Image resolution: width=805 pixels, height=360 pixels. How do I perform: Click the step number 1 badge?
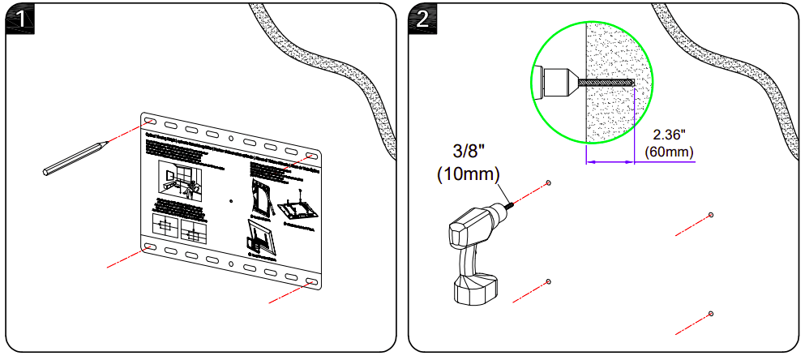(x=19, y=18)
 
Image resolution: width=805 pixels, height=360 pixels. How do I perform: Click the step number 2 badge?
(x=422, y=18)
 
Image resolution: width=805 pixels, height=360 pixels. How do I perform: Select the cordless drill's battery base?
(x=475, y=290)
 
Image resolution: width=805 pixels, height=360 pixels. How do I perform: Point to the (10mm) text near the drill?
(x=468, y=173)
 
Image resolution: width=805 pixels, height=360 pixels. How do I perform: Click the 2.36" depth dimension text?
(x=669, y=135)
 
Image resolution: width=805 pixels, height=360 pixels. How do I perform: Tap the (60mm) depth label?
(x=669, y=152)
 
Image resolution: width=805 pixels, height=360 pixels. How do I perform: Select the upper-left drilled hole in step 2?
(x=549, y=183)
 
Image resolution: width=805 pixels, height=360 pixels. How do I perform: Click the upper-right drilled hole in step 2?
(x=711, y=215)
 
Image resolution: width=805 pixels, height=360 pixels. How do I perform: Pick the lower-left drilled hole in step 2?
(x=549, y=281)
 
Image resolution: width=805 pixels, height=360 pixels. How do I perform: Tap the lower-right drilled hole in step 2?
(x=711, y=314)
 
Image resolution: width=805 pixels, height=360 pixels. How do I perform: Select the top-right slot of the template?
(x=312, y=156)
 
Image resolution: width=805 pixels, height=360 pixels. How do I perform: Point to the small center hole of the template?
(x=231, y=199)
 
